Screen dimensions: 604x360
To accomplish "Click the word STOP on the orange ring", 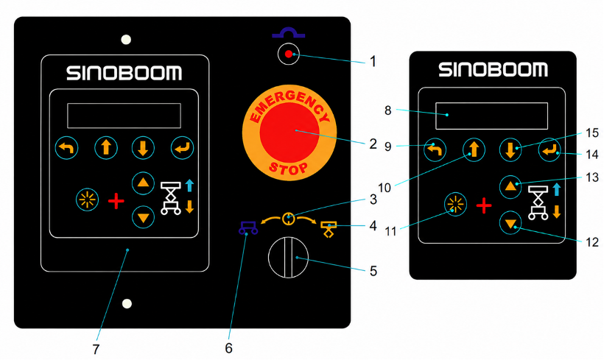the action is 289,169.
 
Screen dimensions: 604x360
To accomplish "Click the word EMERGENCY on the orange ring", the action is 289,104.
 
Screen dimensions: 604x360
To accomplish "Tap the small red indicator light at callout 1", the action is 289,54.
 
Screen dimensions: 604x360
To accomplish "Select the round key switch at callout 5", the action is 288,257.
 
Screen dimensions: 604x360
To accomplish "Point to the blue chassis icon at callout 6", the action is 248,227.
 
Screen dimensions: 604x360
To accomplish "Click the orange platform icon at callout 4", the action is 329,230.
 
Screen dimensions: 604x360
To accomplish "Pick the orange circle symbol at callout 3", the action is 289,219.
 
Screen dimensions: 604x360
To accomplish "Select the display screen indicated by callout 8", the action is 491,116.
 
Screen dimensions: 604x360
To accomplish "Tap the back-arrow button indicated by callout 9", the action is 435,149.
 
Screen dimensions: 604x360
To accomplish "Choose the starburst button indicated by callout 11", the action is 455,205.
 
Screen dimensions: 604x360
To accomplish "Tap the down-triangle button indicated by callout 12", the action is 510,223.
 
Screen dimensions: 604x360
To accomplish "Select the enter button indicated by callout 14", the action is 549,149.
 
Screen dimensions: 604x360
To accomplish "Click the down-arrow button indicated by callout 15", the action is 510,149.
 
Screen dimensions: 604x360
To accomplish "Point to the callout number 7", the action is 96,349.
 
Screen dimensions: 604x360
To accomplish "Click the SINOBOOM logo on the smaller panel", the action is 493,70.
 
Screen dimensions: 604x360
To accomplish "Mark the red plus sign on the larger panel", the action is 116,202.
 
